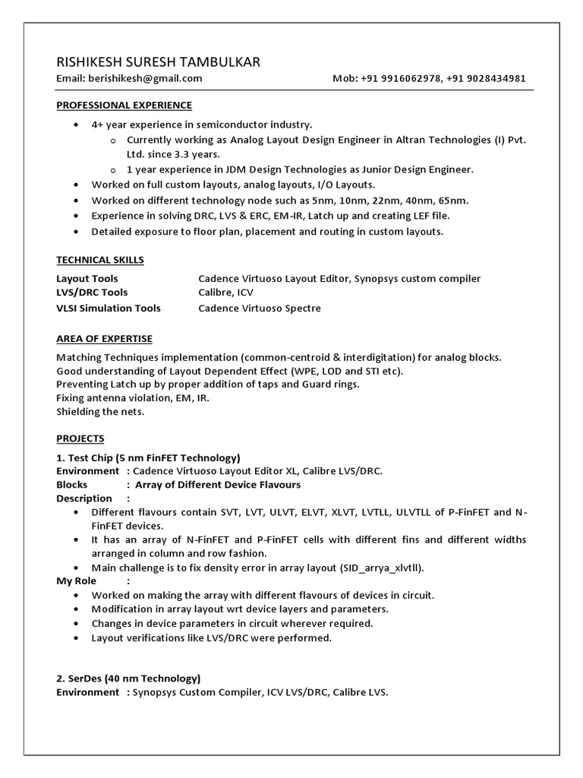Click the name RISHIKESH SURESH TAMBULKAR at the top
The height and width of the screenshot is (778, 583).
coord(159,62)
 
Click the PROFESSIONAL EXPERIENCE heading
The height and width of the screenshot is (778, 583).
coord(124,105)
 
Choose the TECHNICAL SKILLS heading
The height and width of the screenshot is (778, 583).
coord(100,260)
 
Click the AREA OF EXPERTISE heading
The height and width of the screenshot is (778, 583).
coord(105,338)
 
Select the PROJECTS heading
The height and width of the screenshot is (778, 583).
coord(80,438)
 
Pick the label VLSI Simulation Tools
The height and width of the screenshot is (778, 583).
coord(109,308)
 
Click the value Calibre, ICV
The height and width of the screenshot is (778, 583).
coord(226,293)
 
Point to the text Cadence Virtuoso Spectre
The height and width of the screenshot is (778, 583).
coord(260,308)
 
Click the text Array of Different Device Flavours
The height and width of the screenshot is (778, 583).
coord(218,485)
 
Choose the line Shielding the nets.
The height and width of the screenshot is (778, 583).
coord(100,412)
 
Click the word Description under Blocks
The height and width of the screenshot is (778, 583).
coord(84,498)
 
